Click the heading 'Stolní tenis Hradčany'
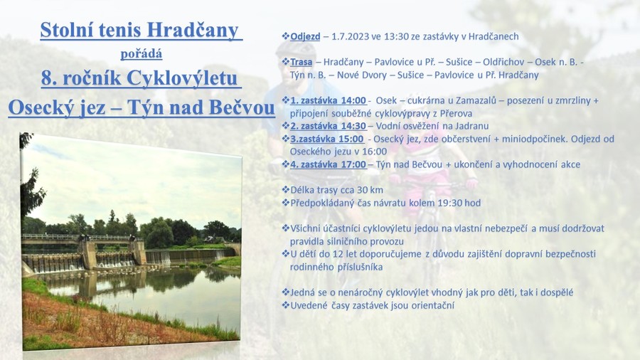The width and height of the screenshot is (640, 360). [x=139, y=30]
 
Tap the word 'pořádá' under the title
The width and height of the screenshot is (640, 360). [x=142, y=54]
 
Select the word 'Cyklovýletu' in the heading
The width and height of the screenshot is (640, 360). [x=181, y=78]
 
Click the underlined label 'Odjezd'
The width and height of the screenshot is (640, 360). [x=305, y=36]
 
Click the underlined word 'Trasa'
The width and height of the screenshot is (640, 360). [x=302, y=62]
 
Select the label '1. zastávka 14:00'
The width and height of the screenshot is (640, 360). [x=328, y=100]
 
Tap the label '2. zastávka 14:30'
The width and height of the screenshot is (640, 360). [x=328, y=126]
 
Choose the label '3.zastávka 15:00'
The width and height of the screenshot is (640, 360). [x=327, y=139]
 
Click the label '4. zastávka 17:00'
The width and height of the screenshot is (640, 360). [x=328, y=164]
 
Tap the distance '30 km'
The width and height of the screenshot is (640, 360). [x=370, y=190]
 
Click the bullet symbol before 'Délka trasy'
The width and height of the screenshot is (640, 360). [x=285, y=190]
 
